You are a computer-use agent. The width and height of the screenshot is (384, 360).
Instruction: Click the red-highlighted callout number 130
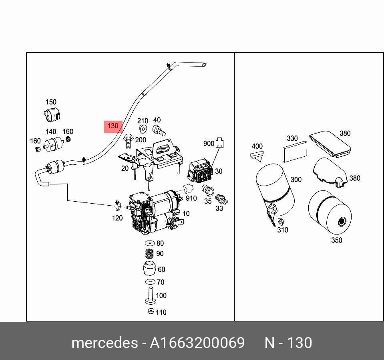click(113, 126)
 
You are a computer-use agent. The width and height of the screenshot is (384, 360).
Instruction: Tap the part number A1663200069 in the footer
click(197, 343)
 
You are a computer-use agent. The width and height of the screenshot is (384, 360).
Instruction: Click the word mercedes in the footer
click(104, 343)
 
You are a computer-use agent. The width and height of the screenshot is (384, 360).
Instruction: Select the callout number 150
click(51, 102)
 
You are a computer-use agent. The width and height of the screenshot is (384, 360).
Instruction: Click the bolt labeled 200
click(129, 141)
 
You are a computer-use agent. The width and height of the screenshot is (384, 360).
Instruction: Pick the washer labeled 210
click(142, 129)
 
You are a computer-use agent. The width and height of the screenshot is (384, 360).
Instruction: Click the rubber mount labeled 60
click(149, 269)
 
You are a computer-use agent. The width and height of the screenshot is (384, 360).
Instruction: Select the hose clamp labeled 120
click(117, 206)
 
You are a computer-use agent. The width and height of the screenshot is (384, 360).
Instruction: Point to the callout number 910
click(191, 198)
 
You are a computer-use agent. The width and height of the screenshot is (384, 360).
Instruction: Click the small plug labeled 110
click(150, 312)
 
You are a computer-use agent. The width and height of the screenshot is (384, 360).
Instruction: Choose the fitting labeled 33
click(220, 199)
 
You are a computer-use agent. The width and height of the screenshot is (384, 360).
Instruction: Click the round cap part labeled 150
click(51, 115)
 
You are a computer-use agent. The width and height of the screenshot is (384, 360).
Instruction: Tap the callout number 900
click(209, 143)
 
